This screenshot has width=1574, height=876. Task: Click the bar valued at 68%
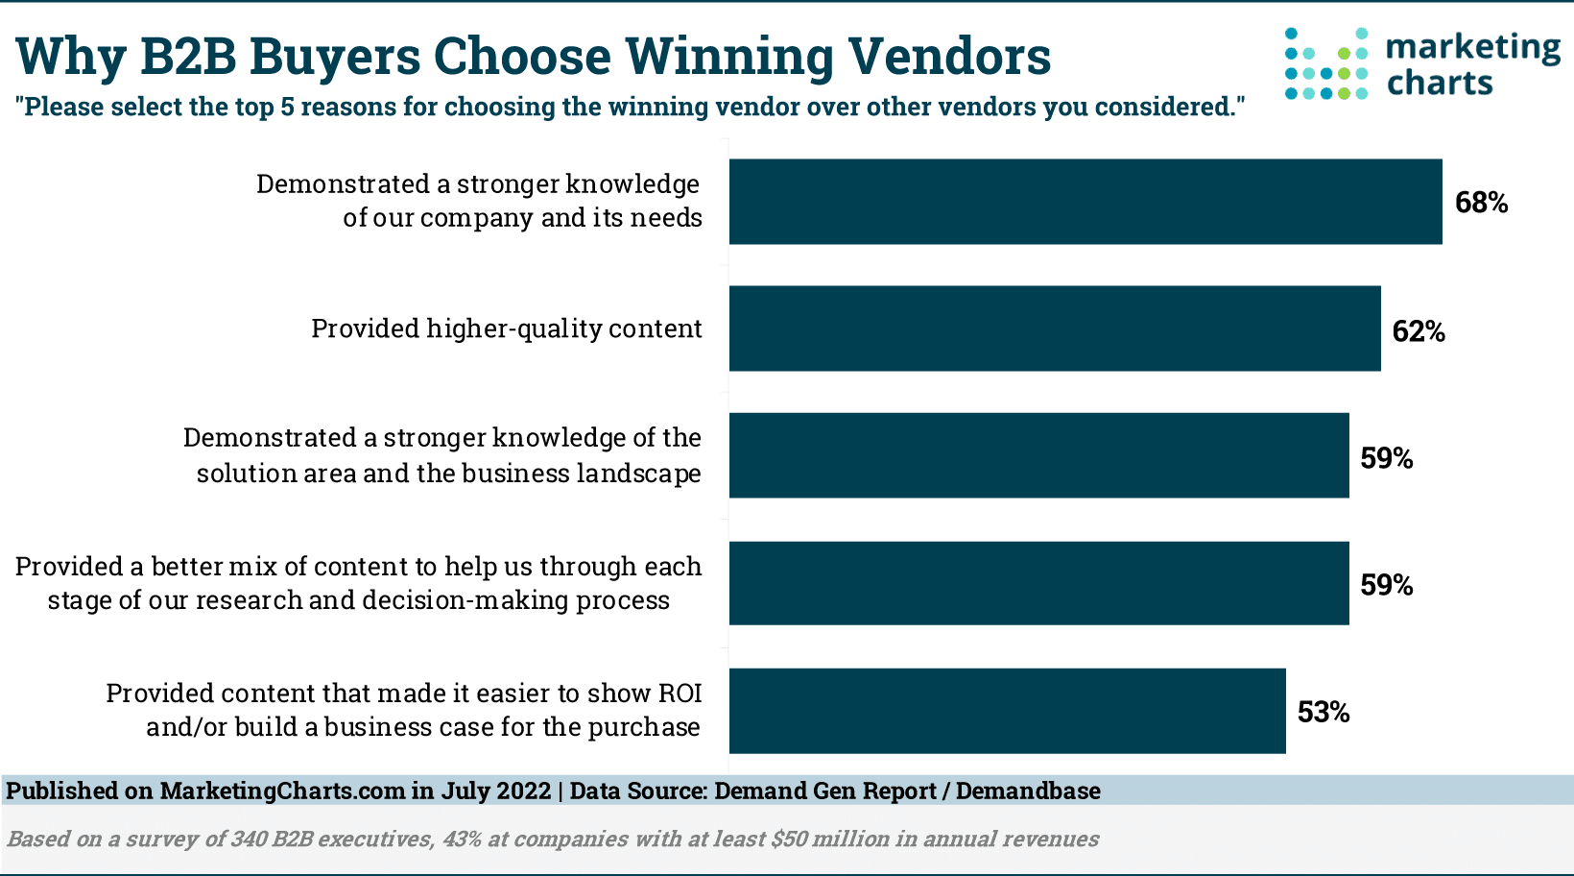click(1085, 202)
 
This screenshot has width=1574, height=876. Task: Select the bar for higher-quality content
click(1054, 328)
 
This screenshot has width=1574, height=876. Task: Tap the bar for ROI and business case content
click(1007, 711)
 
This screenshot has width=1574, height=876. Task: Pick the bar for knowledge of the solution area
click(1038, 455)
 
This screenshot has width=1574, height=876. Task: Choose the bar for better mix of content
click(1038, 583)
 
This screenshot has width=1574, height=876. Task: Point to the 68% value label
click(1481, 203)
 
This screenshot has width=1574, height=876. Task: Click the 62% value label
click(1419, 331)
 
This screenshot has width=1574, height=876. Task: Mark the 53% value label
click(1324, 712)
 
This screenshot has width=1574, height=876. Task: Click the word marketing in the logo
click(1473, 48)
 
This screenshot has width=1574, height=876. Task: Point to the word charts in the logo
click(1440, 84)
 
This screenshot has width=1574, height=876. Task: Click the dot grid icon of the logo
click(1325, 64)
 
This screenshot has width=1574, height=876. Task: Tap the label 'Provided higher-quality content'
click(506, 328)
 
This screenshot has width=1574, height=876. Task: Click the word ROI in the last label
click(680, 693)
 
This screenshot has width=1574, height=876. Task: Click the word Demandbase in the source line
click(1028, 791)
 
